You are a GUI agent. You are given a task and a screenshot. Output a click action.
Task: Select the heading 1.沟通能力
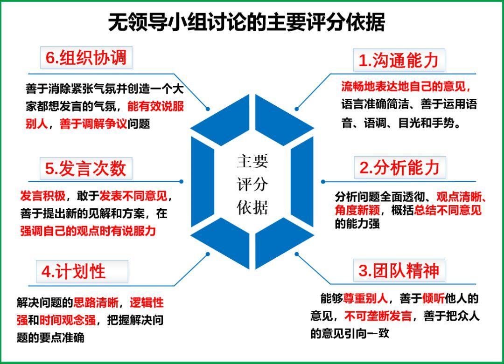pyautogui.click(x=399, y=61)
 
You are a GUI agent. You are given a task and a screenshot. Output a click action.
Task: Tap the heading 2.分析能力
pyautogui.click(x=399, y=168)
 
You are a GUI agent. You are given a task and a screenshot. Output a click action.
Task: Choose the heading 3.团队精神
pyautogui.click(x=399, y=271)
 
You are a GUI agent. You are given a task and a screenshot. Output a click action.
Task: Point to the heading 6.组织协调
pyautogui.click(x=86, y=57)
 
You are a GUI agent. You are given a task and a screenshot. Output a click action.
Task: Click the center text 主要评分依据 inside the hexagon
pyautogui.click(x=252, y=185)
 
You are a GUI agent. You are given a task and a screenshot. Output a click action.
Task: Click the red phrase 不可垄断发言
pyautogui.click(x=378, y=316)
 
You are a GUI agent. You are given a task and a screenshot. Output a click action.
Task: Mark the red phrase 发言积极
pyautogui.click(x=42, y=196)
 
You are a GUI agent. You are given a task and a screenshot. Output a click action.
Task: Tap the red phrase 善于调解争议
pyautogui.click(x=93, y=124)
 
